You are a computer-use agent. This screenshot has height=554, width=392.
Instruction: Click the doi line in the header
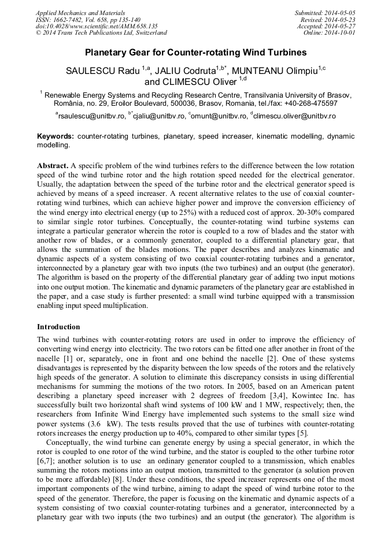click(x=97, y=27)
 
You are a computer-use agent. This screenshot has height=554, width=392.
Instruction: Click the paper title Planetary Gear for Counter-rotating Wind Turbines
click(x=196, y=53)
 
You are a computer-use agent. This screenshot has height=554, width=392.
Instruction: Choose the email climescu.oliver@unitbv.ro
click(x=294, y=116)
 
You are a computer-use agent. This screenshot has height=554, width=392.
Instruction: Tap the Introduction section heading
click(x=58, y=327)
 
